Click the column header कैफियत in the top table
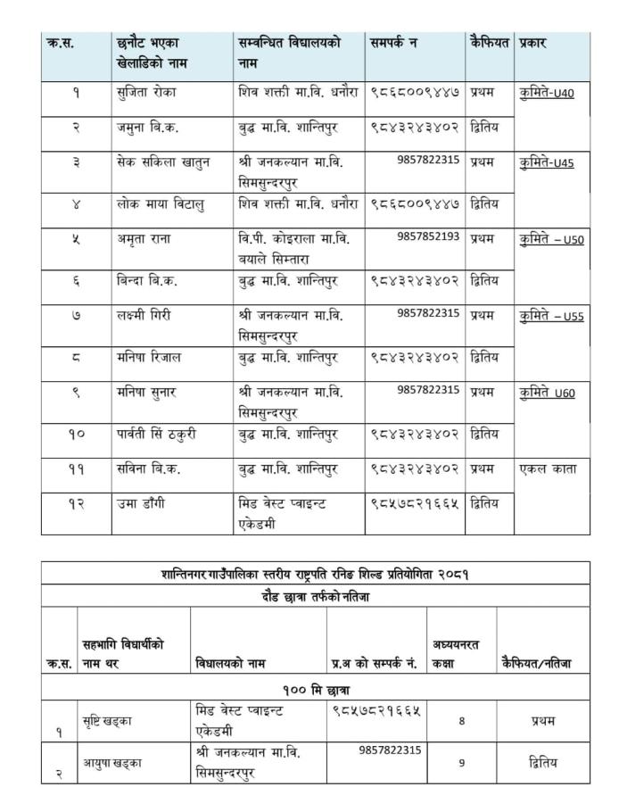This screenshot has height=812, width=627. point(489,43)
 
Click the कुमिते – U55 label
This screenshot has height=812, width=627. point(551,316)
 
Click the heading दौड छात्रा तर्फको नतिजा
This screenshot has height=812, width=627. point(315,597)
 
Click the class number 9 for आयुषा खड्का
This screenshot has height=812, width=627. point(461,763)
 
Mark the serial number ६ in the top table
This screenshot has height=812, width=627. point(76,280)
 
